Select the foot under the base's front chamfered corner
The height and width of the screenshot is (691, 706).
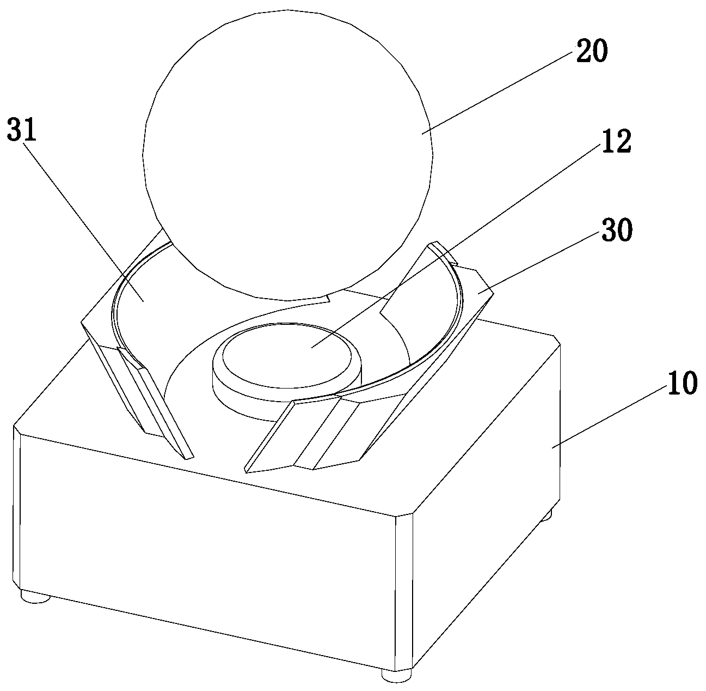pyautogui.click(x=396, y=676)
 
